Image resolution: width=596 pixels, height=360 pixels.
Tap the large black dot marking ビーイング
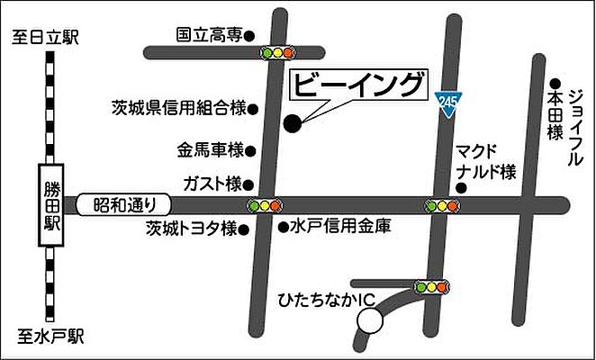click(292, 124)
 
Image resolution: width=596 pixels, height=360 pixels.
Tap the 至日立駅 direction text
click(47, 38)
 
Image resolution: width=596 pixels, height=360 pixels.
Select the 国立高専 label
click(209, 36)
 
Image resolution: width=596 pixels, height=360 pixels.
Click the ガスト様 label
click(211, 184)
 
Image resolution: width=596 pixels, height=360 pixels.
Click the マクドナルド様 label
click(484, 159)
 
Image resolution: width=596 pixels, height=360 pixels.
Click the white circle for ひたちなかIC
click(369, 319)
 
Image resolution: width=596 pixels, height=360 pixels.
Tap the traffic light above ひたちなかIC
click(431, 288)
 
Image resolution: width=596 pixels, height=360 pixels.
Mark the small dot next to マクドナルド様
click(460, 188)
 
